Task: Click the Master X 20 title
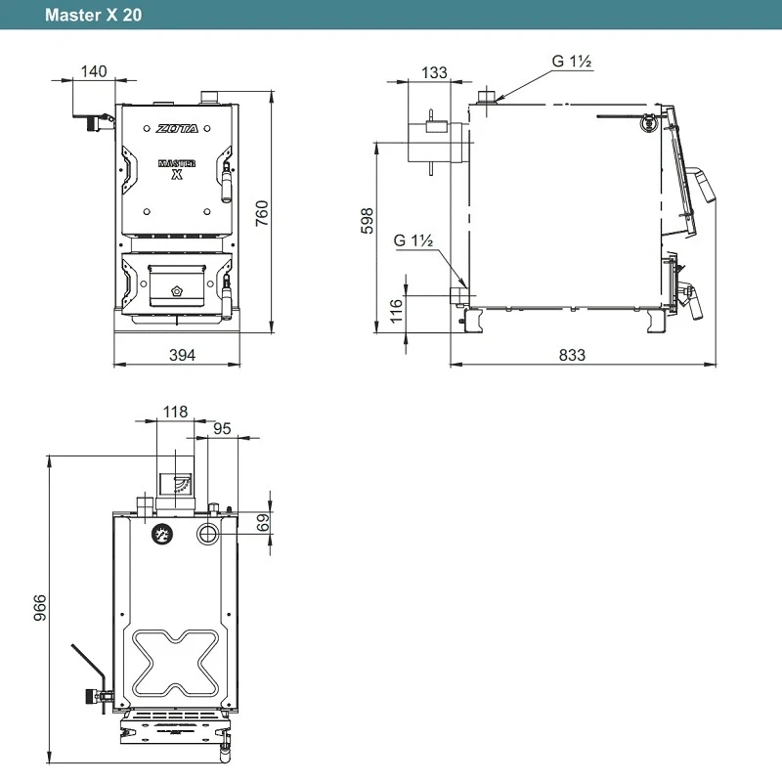point(93,15)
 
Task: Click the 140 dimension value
point(94,71)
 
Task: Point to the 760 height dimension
point(262,213)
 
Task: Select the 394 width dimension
point(182,355)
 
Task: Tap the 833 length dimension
point(572,355)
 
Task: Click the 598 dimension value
point(368,221)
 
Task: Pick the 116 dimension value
point(396,311)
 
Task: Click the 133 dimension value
point(434,72)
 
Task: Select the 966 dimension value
point(40,607)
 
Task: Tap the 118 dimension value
point(175,412)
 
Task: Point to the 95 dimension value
point(222,429)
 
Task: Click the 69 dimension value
point(263,523)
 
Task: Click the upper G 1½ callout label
point(572,62)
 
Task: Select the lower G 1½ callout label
point(413,240)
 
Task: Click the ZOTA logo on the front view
point(177,129)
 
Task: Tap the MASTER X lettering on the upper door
point(177,169)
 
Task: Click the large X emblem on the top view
point(175,663)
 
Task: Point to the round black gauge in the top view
point(161,535)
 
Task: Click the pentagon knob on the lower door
point(177,290)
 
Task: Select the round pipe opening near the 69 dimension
point(207,534)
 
